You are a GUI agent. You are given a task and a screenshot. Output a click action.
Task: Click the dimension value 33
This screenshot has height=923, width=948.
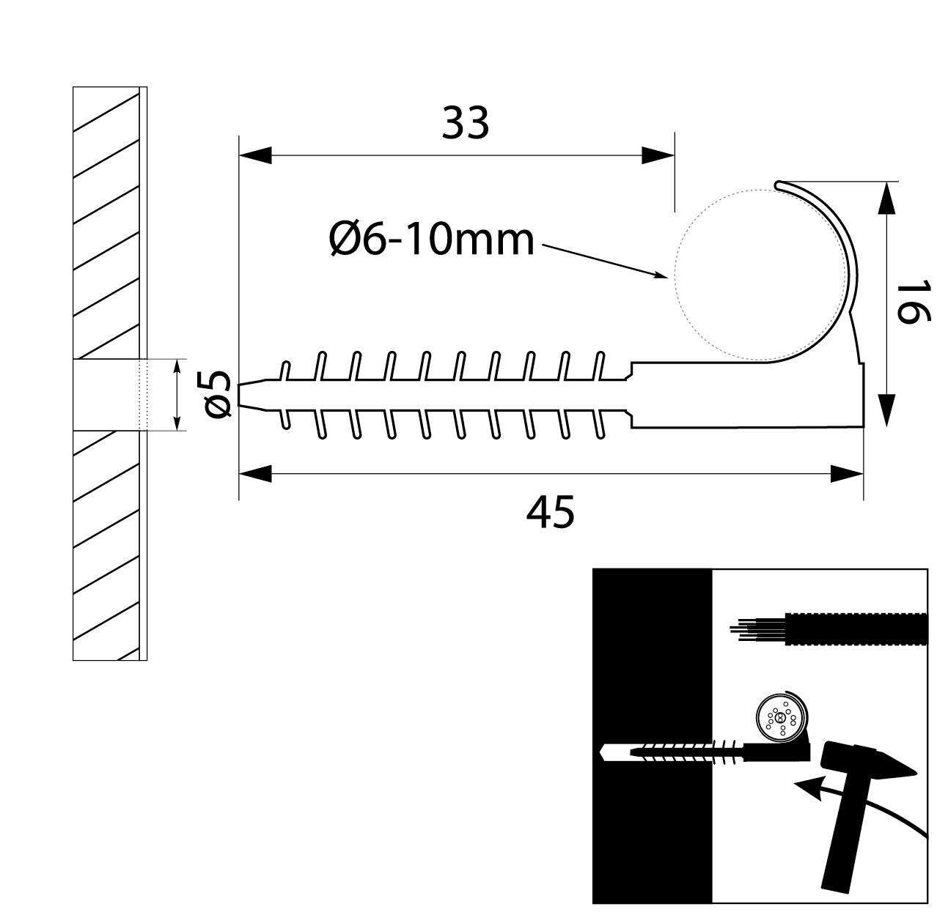pyautogui.click(x=465, y=123)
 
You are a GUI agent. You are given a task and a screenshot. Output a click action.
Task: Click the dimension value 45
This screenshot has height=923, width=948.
pyautogui.click(x=550, y=512)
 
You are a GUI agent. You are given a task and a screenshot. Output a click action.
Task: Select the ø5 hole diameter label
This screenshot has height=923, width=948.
pyautogui.click(x=218, y=394)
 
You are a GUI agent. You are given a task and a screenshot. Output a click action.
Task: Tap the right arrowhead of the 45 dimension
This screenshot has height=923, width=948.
pyautogui.click(x=848, y=474)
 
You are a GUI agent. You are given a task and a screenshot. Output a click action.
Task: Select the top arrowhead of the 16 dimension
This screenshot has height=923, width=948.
pyautogui.click(x=886, y=198)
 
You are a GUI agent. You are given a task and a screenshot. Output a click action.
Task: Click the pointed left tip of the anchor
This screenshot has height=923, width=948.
pyautogui.click(x=243, y=394)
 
